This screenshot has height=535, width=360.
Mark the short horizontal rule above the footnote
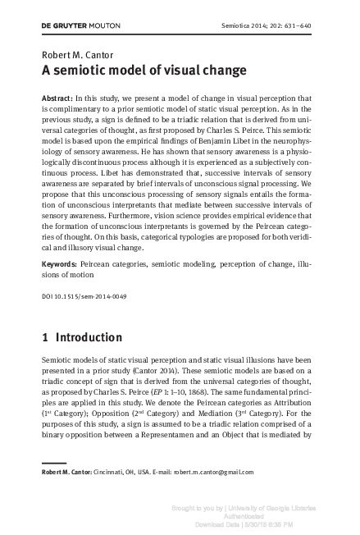[x=54, y=463]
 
